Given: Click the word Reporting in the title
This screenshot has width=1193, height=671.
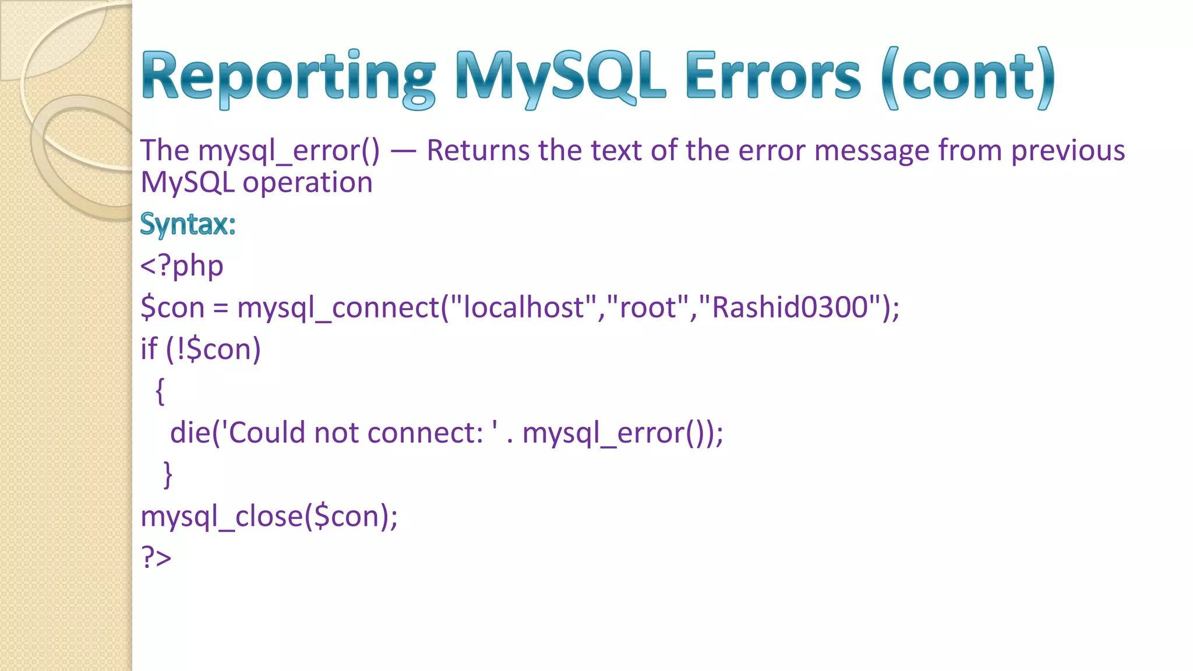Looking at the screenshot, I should tap(288, 77).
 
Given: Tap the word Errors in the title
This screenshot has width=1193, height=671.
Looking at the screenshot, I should tap(773, 77).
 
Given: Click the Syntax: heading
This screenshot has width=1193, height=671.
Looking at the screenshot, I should tap(188, 224).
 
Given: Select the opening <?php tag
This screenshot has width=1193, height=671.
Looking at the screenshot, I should tap(182, 266).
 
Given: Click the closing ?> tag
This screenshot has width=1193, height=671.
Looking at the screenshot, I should tap(156, 557).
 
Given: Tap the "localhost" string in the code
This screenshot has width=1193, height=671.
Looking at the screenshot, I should tap(524, 307).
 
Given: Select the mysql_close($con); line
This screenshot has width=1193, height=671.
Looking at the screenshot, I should tap(269, 516).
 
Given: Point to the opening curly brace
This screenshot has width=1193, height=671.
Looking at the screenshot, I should tap(160, 391).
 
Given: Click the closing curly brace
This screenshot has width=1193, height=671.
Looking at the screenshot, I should tap(168, 474).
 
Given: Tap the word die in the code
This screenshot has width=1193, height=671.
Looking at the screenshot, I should tap(190, 433).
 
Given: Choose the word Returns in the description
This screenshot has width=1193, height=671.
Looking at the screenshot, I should tap(477, 151).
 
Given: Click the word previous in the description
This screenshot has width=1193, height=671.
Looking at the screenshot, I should tap(1068, 151).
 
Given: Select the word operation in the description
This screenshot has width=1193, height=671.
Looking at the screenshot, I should tap(307, 183).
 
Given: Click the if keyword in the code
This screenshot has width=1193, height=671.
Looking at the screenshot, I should tap(149, 349).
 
